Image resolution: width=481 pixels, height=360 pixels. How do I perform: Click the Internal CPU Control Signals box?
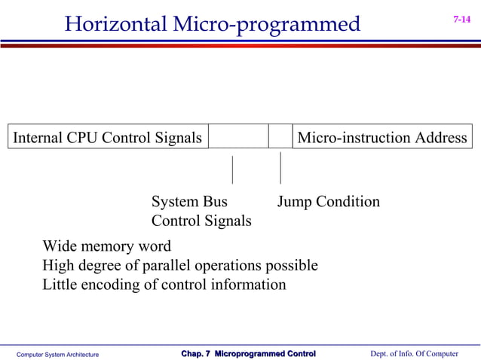[107, 137]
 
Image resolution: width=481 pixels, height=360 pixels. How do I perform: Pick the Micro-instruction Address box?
[382, 137]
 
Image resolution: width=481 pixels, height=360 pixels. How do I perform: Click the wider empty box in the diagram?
[238, 137]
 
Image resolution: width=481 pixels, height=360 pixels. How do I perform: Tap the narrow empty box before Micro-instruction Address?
[280, 137]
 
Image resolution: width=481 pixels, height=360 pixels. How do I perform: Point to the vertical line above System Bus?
[232, 169]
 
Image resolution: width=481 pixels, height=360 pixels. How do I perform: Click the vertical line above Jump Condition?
[280, 168]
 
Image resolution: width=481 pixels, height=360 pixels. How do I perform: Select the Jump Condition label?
[328, 202]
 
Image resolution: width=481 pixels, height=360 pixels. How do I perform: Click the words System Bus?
[189, 202]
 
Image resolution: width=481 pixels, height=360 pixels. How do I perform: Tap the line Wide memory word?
[106, 246]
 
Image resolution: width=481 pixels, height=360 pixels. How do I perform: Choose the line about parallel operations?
[179, 266]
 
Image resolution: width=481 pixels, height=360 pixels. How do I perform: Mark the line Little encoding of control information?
[164, 285]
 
